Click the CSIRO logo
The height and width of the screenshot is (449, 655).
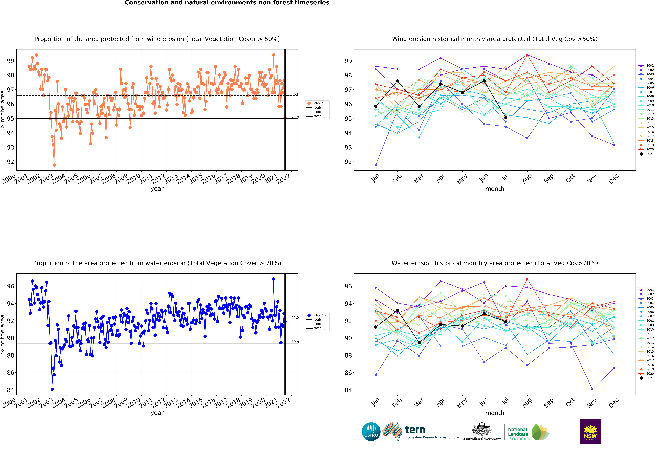tap(371, 432)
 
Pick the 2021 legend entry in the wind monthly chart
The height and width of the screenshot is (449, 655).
tap(646, 154)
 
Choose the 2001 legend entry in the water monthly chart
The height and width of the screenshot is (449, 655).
tap(646, 290)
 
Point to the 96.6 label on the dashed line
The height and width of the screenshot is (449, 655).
tap(295, 94)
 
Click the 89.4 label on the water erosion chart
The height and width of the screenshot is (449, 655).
tap(295, 342)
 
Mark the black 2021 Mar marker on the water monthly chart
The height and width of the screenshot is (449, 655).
tap(419, 343)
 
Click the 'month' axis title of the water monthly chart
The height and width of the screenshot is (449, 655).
tap(495, 413)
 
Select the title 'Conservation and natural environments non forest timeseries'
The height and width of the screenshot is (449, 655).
tap(227, 3)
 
